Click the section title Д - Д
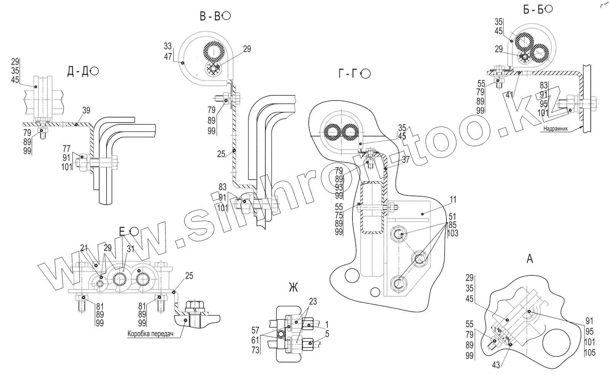(x=78, y=72)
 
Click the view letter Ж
(x=293, y=288)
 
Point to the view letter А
(x=529, y=259)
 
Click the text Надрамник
(x=555, y=129)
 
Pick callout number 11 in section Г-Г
(x=453, y=199)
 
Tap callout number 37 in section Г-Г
(x=406, y=160)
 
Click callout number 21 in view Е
(x=84, y=248)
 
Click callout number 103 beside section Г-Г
(x=453, y=234)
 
